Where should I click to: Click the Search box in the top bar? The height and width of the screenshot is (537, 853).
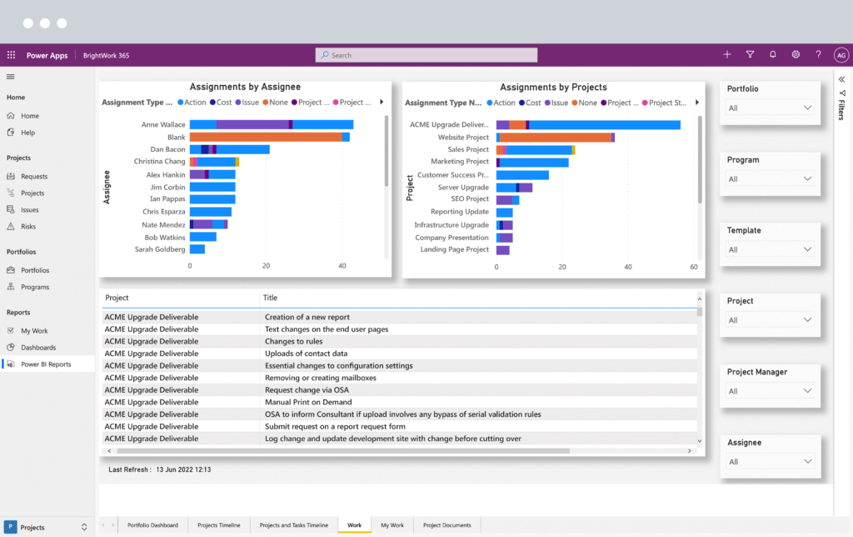426,55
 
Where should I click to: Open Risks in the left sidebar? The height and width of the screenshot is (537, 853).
27,226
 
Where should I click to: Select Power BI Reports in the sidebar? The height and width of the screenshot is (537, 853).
46,364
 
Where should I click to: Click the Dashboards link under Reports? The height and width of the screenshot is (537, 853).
38,348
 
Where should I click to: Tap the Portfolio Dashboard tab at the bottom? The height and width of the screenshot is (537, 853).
152,525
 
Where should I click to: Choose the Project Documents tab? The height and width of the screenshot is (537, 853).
446,525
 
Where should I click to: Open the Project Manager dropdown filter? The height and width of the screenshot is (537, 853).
770,391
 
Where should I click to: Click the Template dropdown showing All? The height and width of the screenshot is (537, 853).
770,249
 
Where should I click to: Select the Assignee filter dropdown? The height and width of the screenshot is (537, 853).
770,462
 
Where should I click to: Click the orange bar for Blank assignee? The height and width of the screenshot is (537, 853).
266,137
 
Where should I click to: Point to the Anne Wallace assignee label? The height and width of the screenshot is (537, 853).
163,124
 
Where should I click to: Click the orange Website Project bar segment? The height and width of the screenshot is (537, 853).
554,138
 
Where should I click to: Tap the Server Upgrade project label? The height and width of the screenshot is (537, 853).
463,187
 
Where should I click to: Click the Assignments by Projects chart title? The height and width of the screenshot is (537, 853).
553,87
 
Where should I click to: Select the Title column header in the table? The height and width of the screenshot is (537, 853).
271,298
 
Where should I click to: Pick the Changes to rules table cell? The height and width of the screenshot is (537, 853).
293,341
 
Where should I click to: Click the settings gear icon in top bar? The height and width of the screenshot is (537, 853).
796,55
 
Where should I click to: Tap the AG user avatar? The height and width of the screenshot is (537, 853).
841,55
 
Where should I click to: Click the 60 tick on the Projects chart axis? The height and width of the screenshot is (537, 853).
694,267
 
